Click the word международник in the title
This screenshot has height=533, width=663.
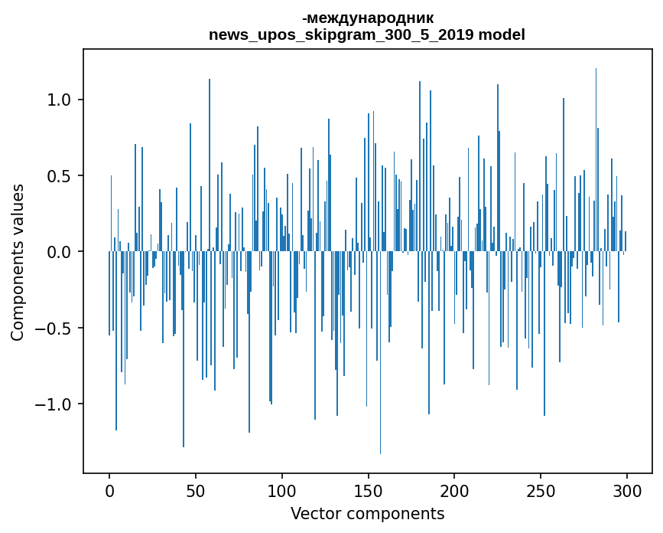point(370,18)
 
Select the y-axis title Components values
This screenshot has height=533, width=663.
point(18,262)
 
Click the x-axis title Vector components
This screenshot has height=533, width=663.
point(367,513)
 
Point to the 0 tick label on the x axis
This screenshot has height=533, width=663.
point(109,490)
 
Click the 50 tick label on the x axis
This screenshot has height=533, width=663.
point(196,490)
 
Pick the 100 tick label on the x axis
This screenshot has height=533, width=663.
point(282,490)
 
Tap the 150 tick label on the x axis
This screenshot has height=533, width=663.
point(368,490)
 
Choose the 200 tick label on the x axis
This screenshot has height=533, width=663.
point(454,490)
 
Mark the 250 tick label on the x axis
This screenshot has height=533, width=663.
point(541,490)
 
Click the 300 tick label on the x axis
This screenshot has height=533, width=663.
point(627,490)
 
